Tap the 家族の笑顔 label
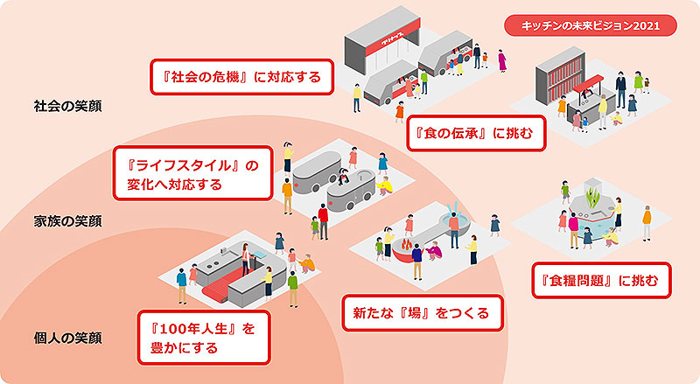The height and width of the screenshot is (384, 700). (67, 220)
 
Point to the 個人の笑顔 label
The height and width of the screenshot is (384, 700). (67, 339)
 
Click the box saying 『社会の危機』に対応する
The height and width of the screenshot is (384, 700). (241, 76)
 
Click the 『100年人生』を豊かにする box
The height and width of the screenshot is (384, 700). (202, 339)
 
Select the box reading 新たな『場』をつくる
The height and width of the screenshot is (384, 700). (422, 311)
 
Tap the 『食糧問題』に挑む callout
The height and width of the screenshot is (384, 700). (601, 282)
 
